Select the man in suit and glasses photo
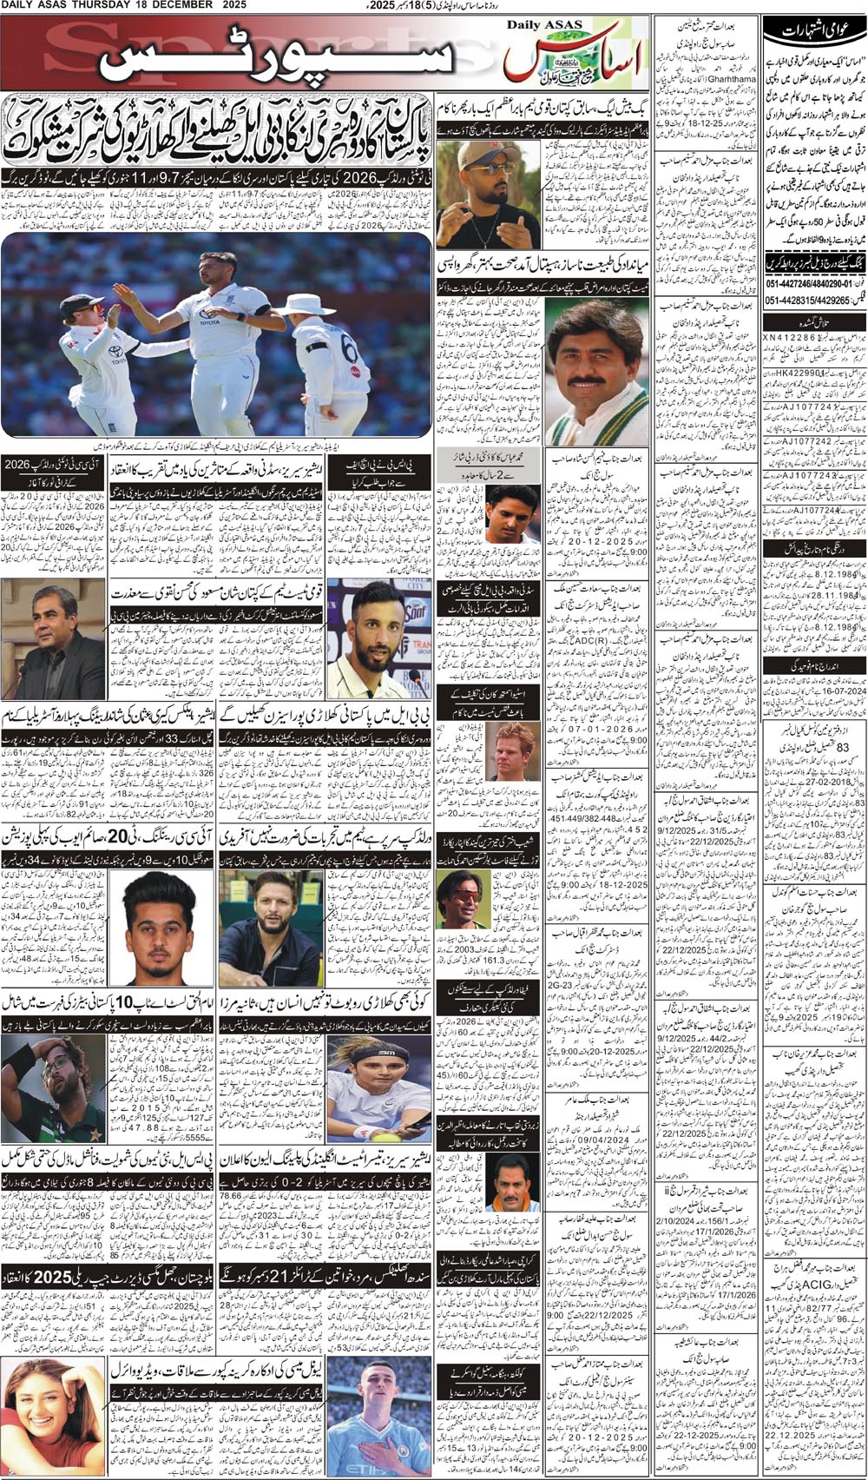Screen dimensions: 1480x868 (51, 638)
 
